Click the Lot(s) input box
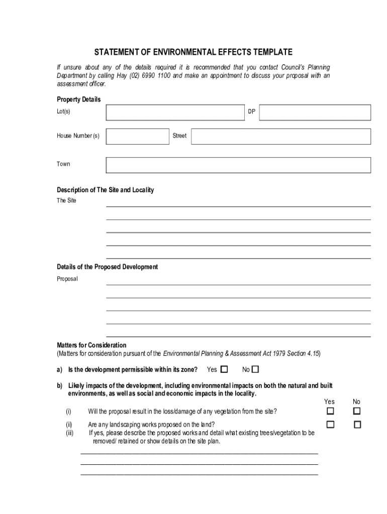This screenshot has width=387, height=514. point(175,112)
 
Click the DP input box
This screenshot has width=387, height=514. point(315,112)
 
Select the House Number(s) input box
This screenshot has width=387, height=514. point(137,136)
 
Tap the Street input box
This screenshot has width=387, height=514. point(280,136)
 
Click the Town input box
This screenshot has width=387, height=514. point(238,165)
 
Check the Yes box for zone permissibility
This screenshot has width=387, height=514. point(224,369)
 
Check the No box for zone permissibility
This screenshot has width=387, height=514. point(255,369)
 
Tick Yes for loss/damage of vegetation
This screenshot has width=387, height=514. point(330,411)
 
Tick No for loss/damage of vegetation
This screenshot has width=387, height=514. point(357,411)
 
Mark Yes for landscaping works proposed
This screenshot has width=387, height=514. point(330,425)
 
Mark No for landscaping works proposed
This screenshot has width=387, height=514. point(357,425)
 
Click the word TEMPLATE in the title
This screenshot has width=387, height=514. point(271,52)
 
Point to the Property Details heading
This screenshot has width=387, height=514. point(78,99)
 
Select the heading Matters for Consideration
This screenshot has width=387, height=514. point(91,345)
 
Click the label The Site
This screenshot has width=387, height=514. point(66,201)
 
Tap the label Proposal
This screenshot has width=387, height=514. point(67,279)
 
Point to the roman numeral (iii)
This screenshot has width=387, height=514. point(69,432)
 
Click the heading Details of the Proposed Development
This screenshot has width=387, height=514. point(107,267)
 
